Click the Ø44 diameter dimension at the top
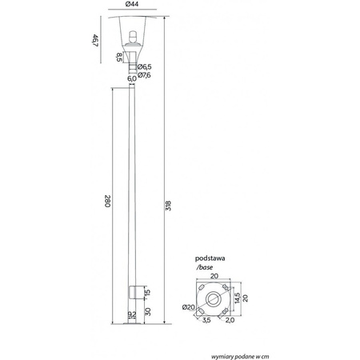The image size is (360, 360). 133,6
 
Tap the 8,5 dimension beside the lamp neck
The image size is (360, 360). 120,57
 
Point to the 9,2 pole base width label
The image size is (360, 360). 132,314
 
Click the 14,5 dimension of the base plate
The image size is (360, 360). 238,297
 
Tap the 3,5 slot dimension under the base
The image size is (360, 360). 206,321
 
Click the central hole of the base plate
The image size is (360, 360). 214,298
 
